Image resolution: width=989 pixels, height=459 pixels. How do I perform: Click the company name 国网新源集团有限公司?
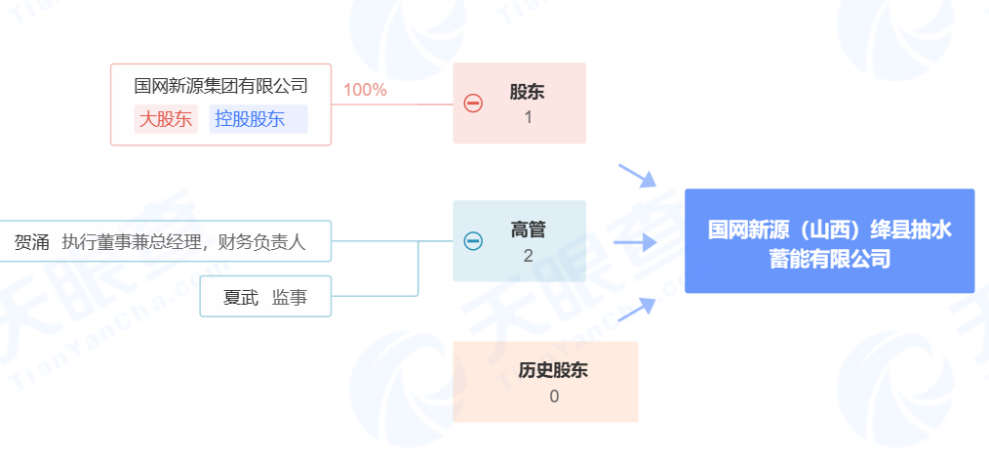click(x=220, y=87)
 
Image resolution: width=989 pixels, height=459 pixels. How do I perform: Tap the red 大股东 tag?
click(x=166, y=119)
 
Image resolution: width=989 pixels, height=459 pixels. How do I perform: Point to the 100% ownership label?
click(x=365, y=90)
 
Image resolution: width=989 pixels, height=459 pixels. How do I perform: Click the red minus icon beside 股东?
click(x=473, y=103)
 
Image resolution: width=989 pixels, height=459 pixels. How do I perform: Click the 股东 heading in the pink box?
click(x=527, y=93)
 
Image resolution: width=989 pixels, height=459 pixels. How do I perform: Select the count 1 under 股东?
click(x=528, y=118)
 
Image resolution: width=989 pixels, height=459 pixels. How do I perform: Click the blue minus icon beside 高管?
click(x=473, y=240)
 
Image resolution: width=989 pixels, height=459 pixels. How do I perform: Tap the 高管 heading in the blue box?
click(x=528, y=230)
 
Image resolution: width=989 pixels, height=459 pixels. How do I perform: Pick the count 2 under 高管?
click(x=528, y=256)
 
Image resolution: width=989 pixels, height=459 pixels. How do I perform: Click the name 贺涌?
click(x=31, y=242)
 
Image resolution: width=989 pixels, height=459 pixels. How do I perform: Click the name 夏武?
click(x=240, y=297)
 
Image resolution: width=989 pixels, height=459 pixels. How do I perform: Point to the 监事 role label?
click(x=290, y=297)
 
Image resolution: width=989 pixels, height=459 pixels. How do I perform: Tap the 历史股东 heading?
click(x=553, y=370)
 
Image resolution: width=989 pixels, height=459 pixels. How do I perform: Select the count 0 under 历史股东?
click(x=554, y=396)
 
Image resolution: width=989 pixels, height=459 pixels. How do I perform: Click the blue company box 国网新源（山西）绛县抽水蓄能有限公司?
click(x=829, y=241)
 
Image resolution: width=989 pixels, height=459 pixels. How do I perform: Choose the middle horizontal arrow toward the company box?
click(x=634, y=242)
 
